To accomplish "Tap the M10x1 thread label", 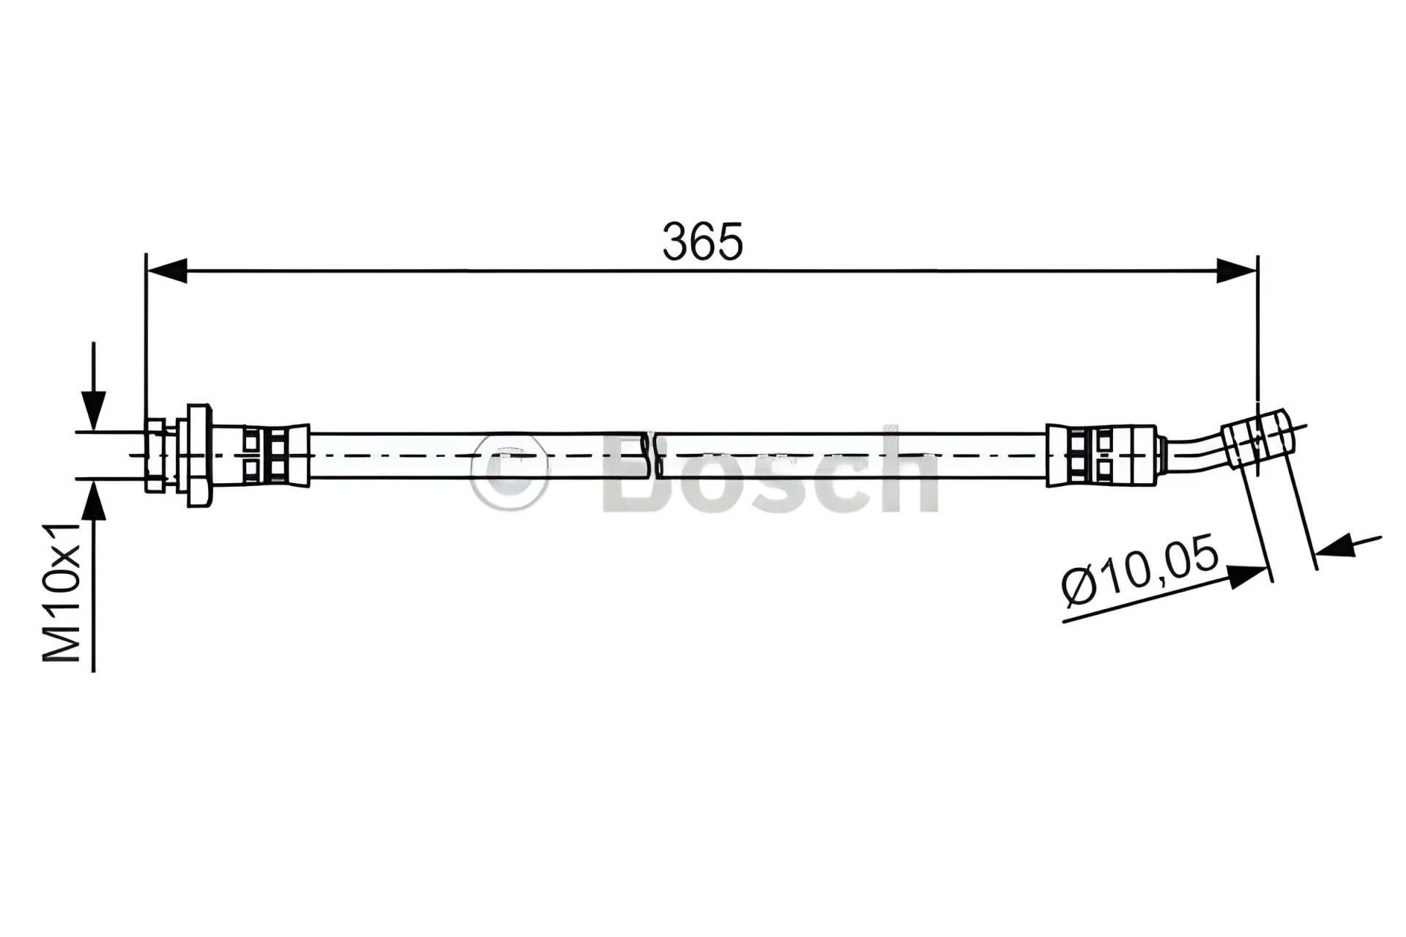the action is [x=62, y=593].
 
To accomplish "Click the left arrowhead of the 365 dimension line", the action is [x=167, y=271].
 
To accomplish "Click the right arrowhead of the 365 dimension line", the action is [x=1237, y=271].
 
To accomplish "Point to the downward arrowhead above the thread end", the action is [x=93, y=410].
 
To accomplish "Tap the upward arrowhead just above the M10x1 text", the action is [x=93, y=500].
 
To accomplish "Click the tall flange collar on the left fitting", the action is [x=198, y=455].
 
